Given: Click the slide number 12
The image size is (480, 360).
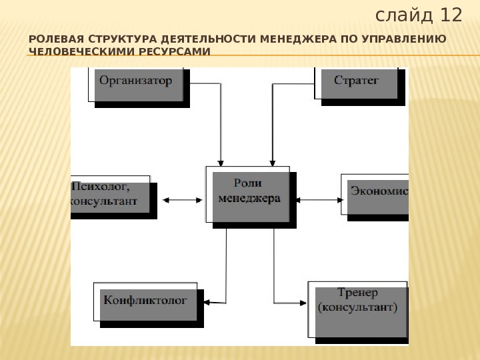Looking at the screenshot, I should tap(449, 15).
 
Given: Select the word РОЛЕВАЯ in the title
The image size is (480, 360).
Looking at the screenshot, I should tap(51, 39).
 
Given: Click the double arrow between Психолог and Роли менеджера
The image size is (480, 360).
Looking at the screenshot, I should tap(182, 199).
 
